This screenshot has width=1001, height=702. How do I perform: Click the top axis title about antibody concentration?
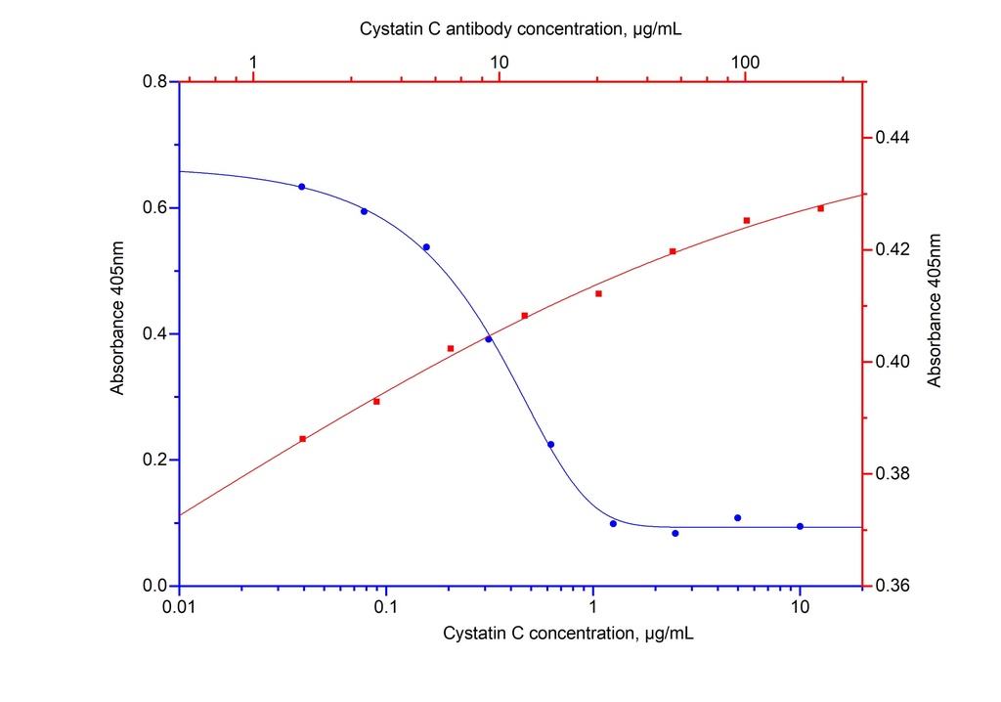521,29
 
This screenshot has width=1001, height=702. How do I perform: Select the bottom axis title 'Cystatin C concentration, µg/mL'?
569,635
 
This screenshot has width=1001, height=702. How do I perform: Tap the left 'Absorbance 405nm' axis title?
117,333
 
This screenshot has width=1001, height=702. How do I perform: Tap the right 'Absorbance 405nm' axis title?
935,310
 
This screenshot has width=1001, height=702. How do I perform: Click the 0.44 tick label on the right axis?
888,138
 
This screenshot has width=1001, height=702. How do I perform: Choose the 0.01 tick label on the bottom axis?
179,608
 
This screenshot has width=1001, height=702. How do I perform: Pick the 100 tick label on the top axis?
745,63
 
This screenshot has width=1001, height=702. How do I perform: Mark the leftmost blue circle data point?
302,187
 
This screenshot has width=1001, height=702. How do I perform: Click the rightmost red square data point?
820,208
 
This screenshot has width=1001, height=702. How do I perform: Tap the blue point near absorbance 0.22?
550,445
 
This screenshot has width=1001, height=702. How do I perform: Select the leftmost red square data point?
303,439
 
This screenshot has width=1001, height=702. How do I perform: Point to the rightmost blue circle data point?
800,526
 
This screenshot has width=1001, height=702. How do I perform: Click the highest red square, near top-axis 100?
747,221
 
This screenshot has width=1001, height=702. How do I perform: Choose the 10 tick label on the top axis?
499,63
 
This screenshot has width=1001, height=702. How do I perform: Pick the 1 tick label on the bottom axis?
593,608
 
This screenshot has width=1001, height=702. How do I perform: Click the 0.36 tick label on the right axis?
888,587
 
